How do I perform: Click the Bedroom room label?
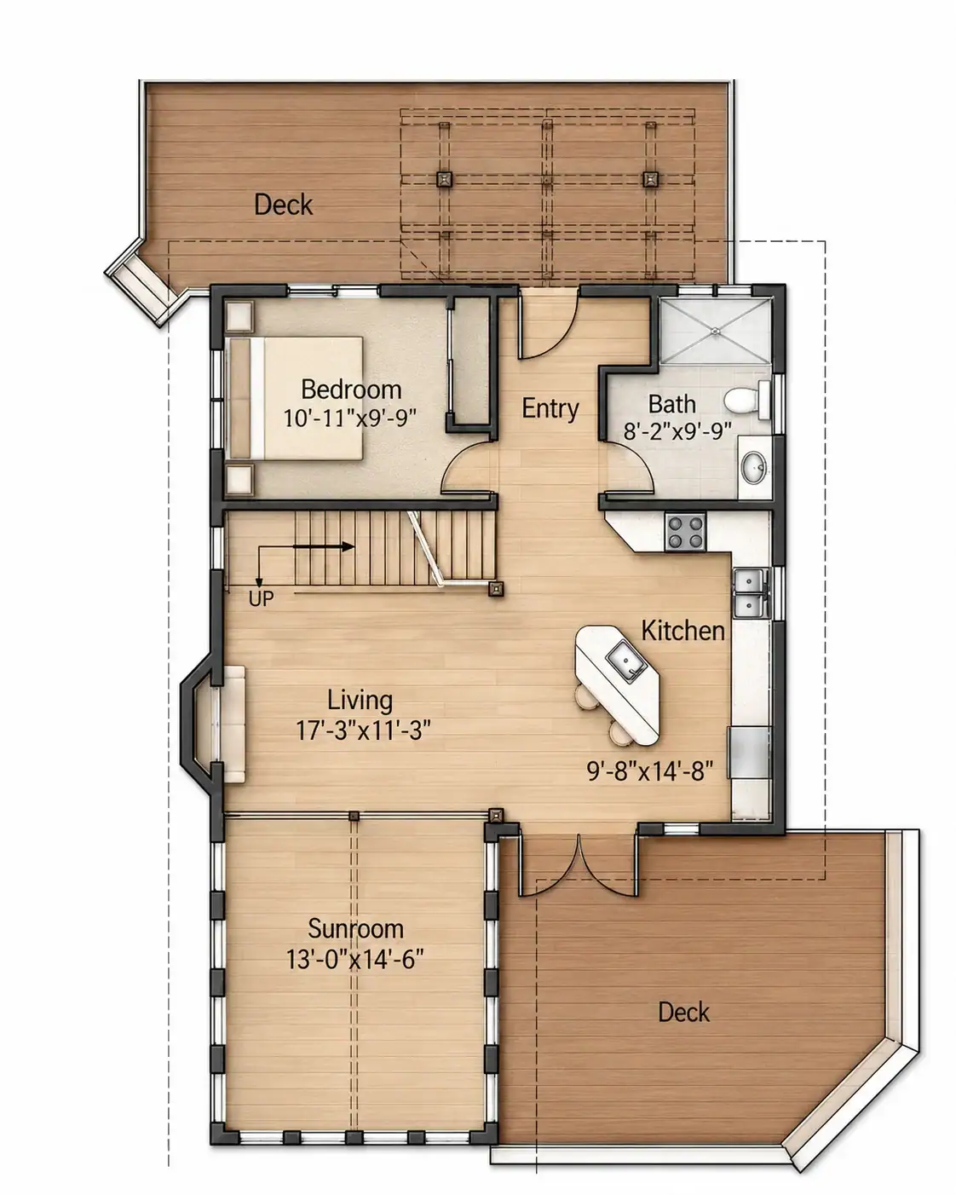[x=351, y=390]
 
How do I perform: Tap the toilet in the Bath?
[x=747, y=400]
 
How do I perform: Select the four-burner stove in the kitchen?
[x=685, y=531]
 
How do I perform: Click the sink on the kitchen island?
[x=625, y=661]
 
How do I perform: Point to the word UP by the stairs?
[x=261, y=598]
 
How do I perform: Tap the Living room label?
[x=360, y=700]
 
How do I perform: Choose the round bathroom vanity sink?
[x=754, y=467]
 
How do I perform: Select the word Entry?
[x=550, y=408]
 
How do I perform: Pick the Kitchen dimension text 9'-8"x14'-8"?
[x=649, y=771]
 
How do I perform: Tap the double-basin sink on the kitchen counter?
[x=752, y=592]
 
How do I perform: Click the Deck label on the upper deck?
[x=283, y=205]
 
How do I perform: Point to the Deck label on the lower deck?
[x=683, y=1013]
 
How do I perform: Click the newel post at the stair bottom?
[x=496, y=589]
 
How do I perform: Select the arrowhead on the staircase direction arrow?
[x=348, y=547]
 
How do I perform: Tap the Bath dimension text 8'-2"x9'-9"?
[x=677, y=431]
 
